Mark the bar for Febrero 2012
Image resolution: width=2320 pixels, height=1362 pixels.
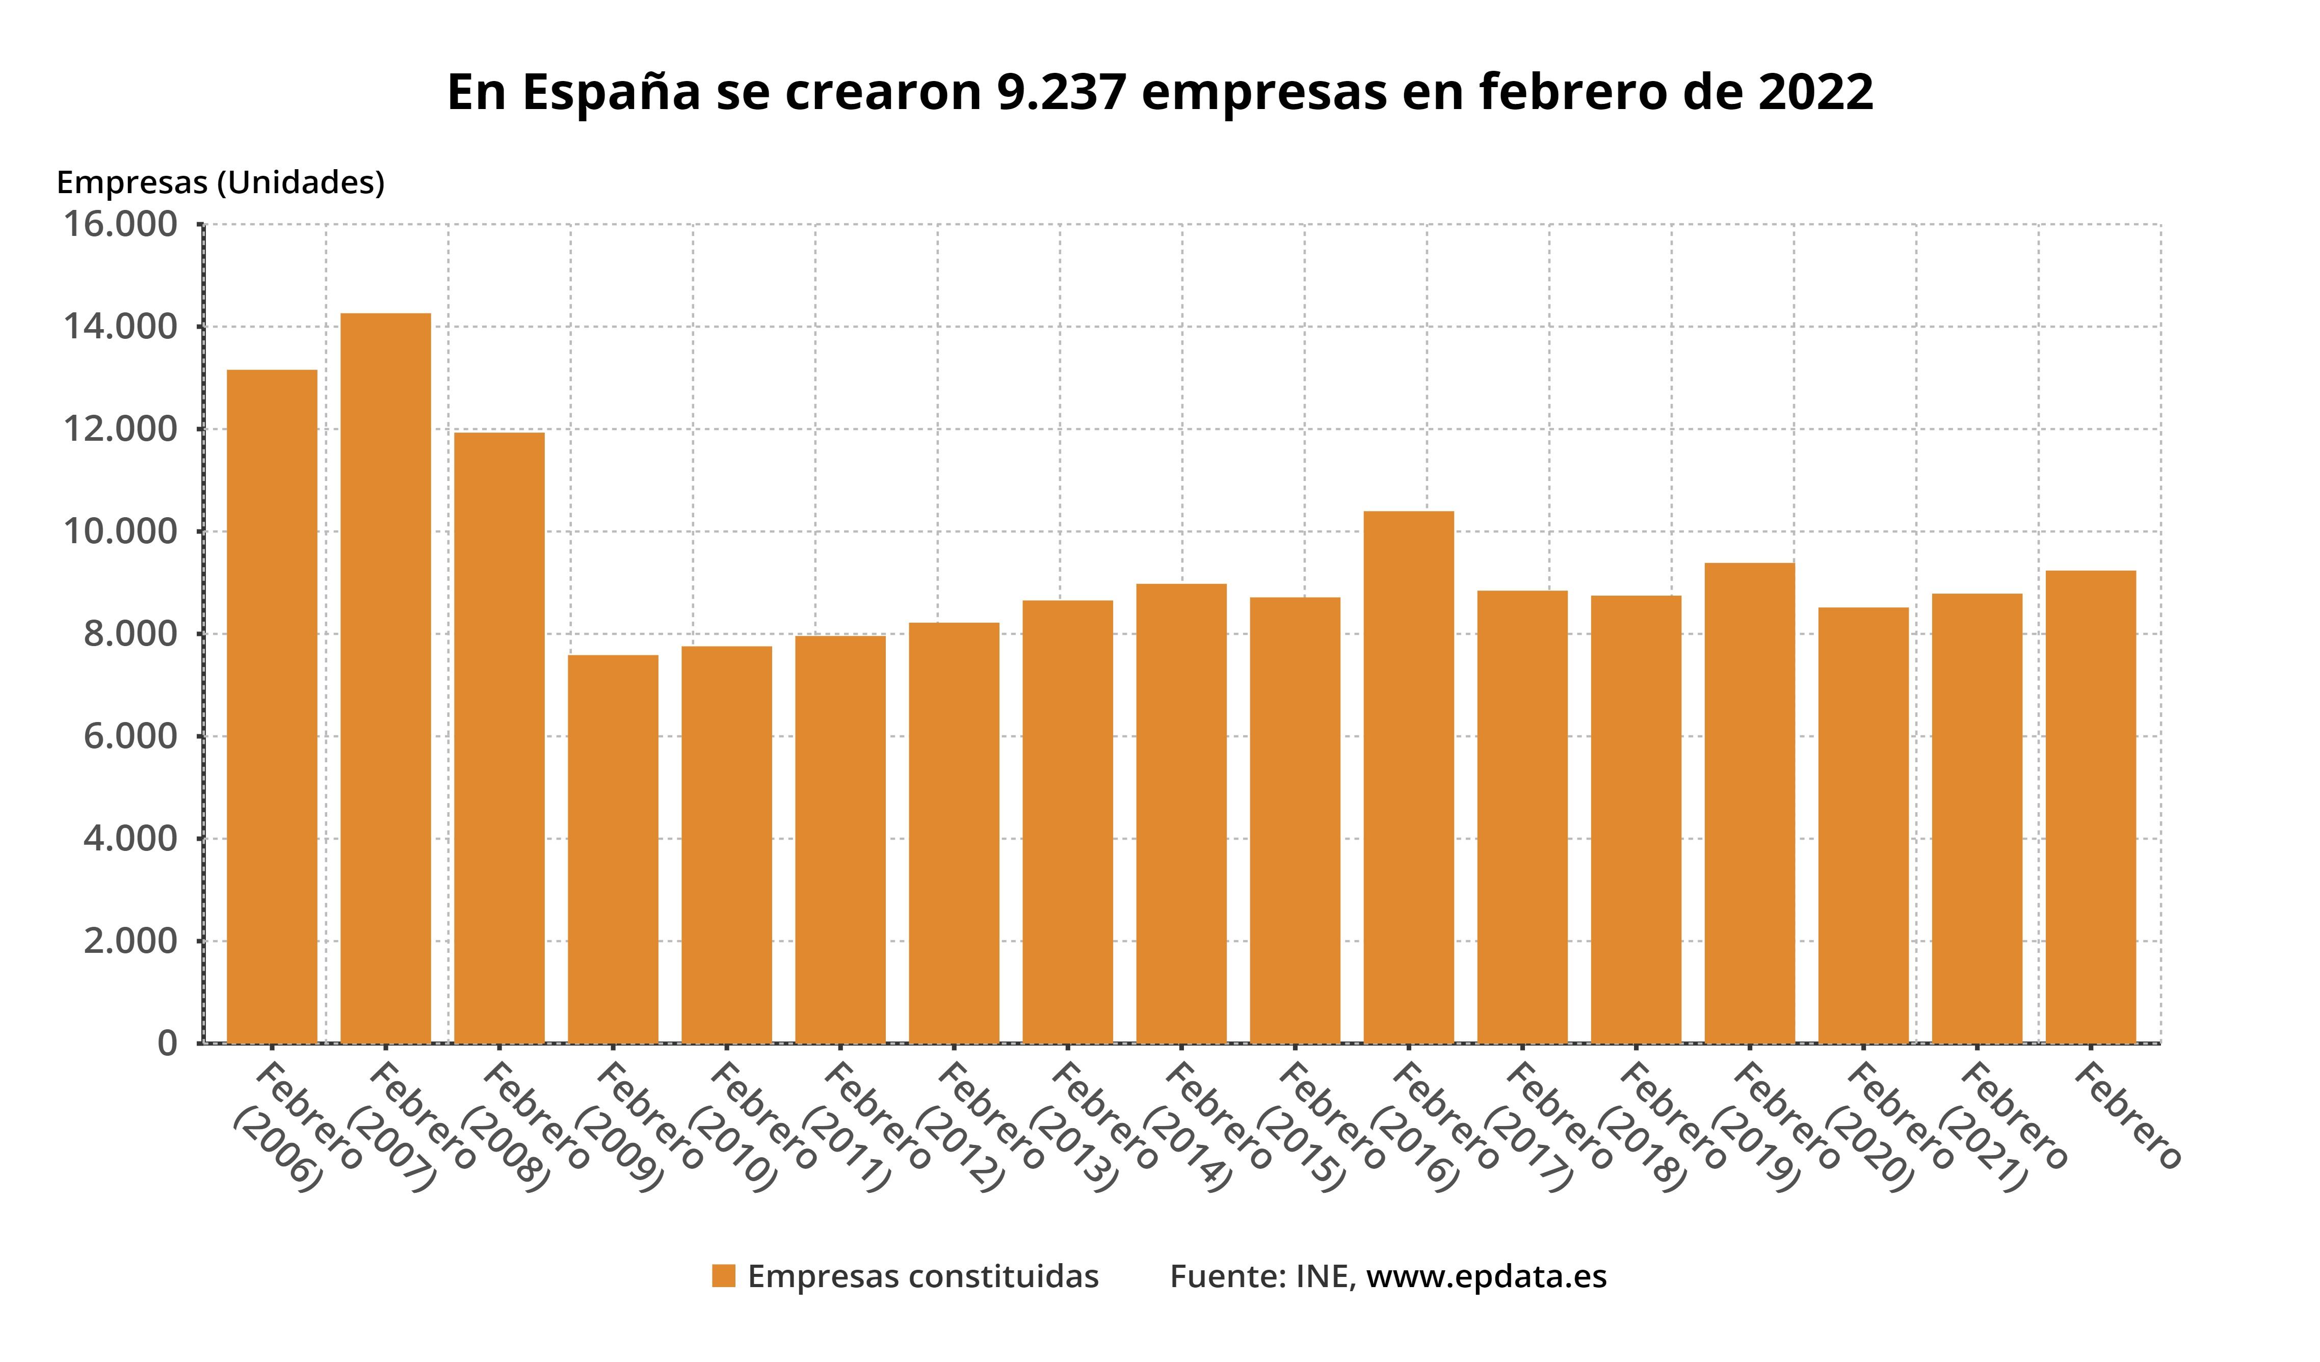tap(954, 833)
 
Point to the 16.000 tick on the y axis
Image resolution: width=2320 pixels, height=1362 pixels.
tap(120, 225)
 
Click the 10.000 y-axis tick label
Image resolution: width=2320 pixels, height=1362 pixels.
tap(120, 532)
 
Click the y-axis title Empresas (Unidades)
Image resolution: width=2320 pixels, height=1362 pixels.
tap(220, 182)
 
